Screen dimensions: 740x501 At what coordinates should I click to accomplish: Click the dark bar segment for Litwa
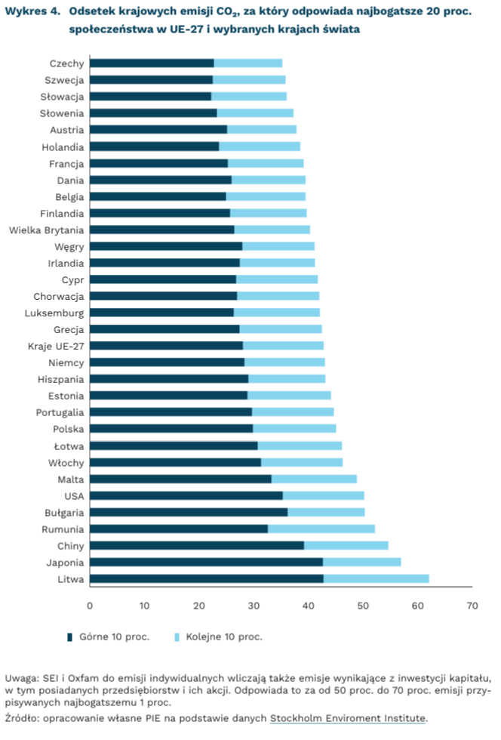(x=206, y=579)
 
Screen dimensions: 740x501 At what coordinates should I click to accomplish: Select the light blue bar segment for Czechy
(x=248, y=63)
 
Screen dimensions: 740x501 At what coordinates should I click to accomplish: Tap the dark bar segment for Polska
(x=171, y=429)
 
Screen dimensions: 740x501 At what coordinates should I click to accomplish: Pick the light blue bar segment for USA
(x=323, y=496)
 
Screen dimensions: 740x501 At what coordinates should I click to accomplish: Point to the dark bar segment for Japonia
(x=206, y=563)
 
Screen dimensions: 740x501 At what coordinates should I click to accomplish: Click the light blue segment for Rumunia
(x=321, y=529)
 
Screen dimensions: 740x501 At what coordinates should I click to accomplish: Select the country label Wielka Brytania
(x=47, y=230)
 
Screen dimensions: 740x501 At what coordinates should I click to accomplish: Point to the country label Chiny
(x=70, y=546)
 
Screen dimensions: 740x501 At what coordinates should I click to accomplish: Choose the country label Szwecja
(x=64, y=80)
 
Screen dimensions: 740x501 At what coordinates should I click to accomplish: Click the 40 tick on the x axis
(x=308, y=606)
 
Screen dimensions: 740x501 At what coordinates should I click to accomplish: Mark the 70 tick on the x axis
(x=472, y=606)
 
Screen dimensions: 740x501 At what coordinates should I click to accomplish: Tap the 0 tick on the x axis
(x=90, y=606)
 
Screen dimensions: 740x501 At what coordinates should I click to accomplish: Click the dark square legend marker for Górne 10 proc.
(x=70, y=637)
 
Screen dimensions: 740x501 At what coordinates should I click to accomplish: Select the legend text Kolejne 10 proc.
(x=223, y=637)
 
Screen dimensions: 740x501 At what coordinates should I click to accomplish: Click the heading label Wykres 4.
(x=32, y=11)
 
